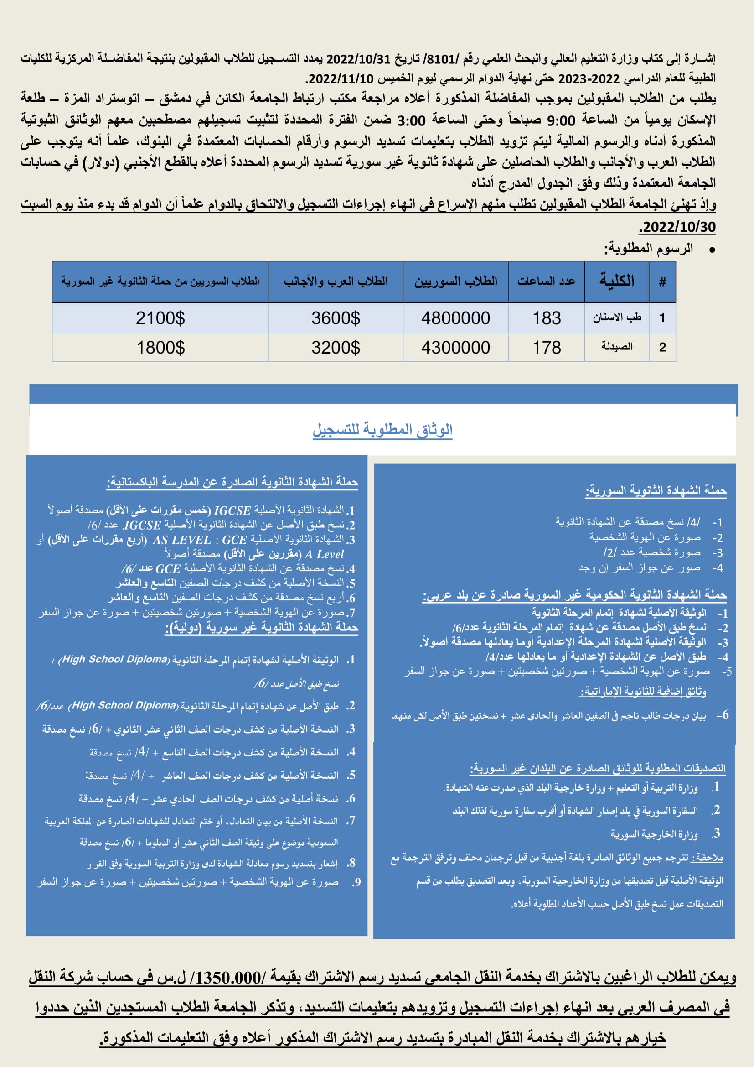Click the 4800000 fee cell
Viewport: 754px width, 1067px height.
(455, 318)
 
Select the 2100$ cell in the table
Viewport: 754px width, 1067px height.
(160, 318)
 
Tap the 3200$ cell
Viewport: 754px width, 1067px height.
(335, 348)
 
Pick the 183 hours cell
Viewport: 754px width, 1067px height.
(547, 318)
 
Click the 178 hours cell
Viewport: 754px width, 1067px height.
(547, 348)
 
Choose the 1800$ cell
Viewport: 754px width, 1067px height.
(160, 348)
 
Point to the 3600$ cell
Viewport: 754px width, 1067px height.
(335, 318)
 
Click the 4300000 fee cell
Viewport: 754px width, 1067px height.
(455, 348)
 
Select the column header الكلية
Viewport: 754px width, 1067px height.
(617, 281)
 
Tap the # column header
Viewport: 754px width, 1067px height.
(662, 281)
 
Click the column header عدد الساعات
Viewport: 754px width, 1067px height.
(547, 281)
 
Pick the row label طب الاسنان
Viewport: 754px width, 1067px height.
(617, 318)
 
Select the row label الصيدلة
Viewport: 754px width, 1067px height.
(617, 347)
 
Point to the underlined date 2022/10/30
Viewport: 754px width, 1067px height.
(677, 227)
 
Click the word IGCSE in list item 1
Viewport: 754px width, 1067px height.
(232, 511)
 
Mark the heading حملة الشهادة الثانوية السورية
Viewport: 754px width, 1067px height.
(656, 491)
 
